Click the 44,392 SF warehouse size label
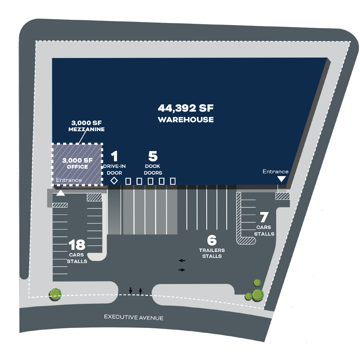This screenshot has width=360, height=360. click(x=186, y=108)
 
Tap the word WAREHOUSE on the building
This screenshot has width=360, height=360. click(x=186, y=120)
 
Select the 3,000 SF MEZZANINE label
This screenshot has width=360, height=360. click(x=86, y=126)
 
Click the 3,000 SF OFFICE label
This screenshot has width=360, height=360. click(x=77, y=163)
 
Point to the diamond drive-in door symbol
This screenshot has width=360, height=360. click(x=114, y=181)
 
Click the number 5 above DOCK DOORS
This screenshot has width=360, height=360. click(x=153, y=156)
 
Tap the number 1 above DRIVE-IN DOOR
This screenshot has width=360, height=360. click(x=114, y=156)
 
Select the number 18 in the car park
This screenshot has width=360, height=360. click(x=77, y=245)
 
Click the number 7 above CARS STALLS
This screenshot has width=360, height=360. click(x=264, y=217)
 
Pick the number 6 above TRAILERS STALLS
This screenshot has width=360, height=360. click(x=212, y=240)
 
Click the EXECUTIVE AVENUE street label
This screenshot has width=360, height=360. click(x=134, y=317)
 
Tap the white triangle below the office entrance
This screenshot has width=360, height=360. click(x=60, y=193)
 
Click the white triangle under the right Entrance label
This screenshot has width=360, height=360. click(x=282, y=179)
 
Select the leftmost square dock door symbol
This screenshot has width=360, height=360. click(x=128, y=181)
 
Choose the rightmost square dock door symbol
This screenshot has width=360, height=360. click(x=173, y=181)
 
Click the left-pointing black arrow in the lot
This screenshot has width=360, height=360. click(x=182, y=261)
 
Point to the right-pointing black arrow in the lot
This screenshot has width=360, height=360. click(x=181, y=270)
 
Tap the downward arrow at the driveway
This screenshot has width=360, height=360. click(x=130, y=290)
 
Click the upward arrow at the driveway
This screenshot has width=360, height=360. click(x=140, y=291)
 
